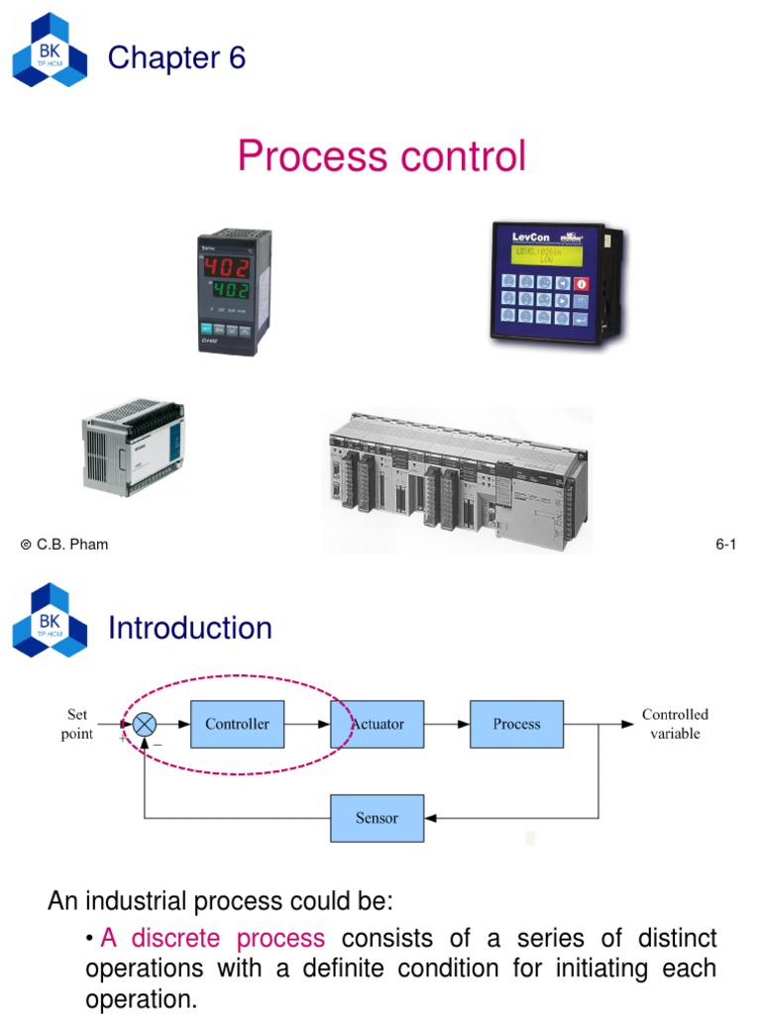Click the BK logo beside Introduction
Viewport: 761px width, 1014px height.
(x=50, y=621)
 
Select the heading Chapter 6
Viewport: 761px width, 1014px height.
(x=176, y=58)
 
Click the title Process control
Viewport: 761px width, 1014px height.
(x=381, y=156)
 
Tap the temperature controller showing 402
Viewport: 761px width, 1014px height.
(x=234, y=290)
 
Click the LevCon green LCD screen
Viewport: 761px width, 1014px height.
(x=553, y=254)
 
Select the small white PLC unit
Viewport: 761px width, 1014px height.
(x=131, y=446)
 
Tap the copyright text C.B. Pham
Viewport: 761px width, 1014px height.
(x=64, y=544)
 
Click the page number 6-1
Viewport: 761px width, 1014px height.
(x=726, y=544)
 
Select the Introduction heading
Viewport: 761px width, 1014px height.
(x=189, y=628)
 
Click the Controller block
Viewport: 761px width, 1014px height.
(x=237, y=724)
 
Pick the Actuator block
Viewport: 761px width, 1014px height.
(x=379, y=724)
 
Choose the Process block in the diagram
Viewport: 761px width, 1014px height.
(x=516, y=724)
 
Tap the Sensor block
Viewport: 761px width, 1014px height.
(x=377, y=818)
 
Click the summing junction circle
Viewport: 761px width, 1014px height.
(x=145, y=725)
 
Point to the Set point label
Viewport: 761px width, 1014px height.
(x=78, y=724)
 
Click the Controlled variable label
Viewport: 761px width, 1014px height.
(x=675, y=724)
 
